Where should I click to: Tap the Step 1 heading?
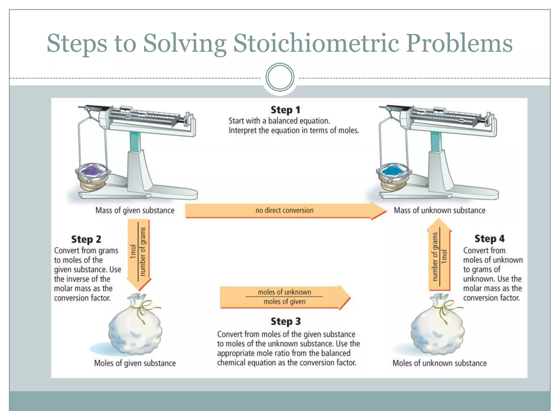tap(285, 110)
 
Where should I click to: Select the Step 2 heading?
tap(86, 239)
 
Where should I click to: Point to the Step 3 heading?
tap(285, 321)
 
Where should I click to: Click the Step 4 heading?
tap(489, 238)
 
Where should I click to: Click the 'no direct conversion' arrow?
tap(284, 210)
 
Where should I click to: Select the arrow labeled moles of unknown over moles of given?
tap(284, 297)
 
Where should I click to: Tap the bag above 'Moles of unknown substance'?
tap(437, 325)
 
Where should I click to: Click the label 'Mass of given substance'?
tap(135, 210)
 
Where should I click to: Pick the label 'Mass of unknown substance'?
tap(439, 210)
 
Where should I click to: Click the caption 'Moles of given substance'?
tap(135, 363)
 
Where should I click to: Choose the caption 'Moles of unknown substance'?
tap(439, 363)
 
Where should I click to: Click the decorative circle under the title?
tap(280, 77)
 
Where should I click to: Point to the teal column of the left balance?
tap(135, 141)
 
